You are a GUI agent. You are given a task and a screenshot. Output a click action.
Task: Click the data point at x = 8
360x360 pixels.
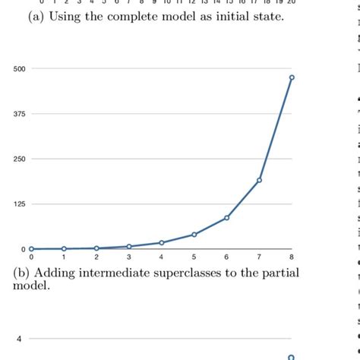point(292,77)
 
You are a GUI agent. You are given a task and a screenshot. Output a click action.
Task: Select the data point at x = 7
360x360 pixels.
point(259,180)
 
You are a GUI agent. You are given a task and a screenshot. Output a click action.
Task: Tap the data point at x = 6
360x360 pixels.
point(226,218)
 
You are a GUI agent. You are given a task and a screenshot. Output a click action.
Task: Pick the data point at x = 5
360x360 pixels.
point(194,235)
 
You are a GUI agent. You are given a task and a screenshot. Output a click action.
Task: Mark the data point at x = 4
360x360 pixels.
point(161,243)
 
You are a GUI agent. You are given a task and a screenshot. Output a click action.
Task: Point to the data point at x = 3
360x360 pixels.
point(129,246)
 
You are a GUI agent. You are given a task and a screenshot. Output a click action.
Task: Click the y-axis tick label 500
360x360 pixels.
point(19,69)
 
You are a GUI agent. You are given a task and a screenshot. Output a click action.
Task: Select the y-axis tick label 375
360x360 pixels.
point(19,114)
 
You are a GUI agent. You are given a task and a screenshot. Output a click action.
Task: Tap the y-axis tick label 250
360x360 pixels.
point(19,159)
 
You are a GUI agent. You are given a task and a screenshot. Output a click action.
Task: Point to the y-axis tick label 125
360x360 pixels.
point(19,204)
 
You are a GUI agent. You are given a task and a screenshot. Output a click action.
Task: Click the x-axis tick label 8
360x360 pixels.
point(292,257)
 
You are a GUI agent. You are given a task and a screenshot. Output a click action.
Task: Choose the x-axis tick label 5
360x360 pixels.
point(194,257)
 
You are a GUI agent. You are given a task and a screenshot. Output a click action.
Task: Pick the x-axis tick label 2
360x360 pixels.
point(96,257)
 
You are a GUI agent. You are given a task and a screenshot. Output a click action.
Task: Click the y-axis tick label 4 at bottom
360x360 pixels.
point(20,339)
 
